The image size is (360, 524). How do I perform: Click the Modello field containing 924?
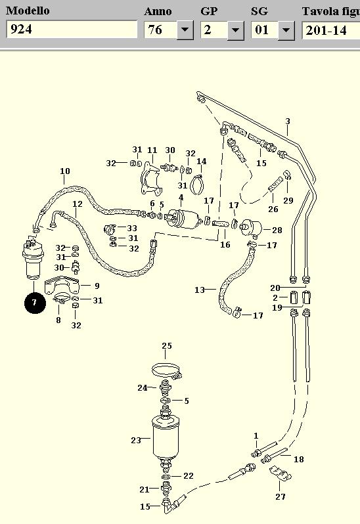pos(72,30)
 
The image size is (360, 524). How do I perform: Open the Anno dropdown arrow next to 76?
pos(185,30)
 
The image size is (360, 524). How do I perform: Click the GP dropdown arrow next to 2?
pos(235,30)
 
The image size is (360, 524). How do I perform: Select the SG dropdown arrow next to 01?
pos(286,30)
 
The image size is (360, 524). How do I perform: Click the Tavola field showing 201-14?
pos(331,30)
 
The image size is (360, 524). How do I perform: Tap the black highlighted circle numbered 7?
pos(35,303)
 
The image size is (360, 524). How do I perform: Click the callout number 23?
pos(136,440)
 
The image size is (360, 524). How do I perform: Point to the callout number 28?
pos(277,230)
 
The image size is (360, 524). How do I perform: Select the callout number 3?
pos(288,121)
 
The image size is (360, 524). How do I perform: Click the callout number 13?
pos(200,290)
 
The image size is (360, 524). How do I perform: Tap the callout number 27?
pos(281,496)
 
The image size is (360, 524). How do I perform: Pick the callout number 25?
pos(167,345)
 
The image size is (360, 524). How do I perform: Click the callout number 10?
pos(65,171)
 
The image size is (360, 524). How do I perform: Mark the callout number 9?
pos(97,286)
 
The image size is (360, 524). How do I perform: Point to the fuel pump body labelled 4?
pos(182,219)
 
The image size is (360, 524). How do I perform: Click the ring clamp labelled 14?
pos(197,185)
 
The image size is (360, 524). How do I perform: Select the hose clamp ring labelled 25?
pos(166,371)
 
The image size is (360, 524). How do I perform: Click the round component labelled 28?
pos(252,228)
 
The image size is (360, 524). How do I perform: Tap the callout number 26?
pos(273,209)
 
